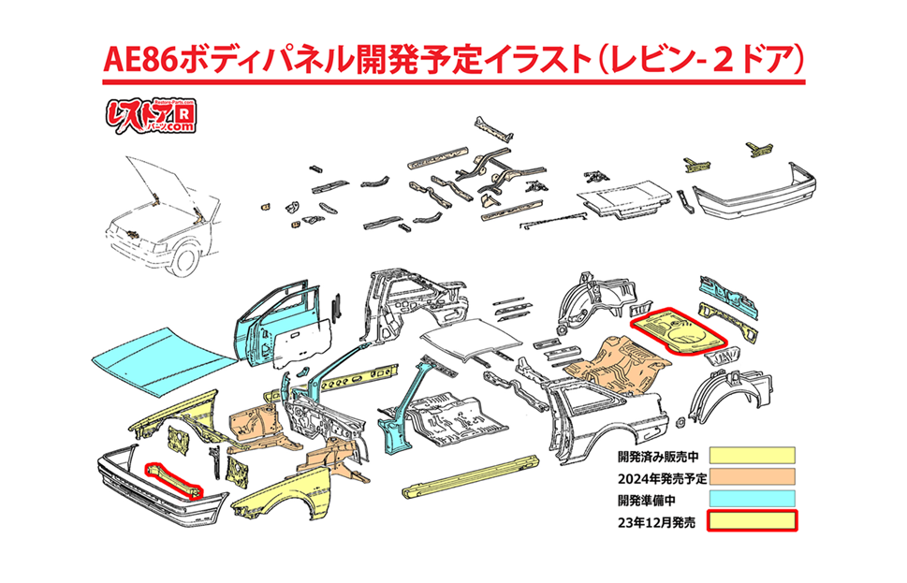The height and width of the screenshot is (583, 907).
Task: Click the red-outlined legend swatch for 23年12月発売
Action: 751,520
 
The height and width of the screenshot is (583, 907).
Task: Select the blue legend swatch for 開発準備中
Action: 751,498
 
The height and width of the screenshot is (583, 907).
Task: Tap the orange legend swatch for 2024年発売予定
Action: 751,476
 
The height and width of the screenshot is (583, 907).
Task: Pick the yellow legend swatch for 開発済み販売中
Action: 751,456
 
